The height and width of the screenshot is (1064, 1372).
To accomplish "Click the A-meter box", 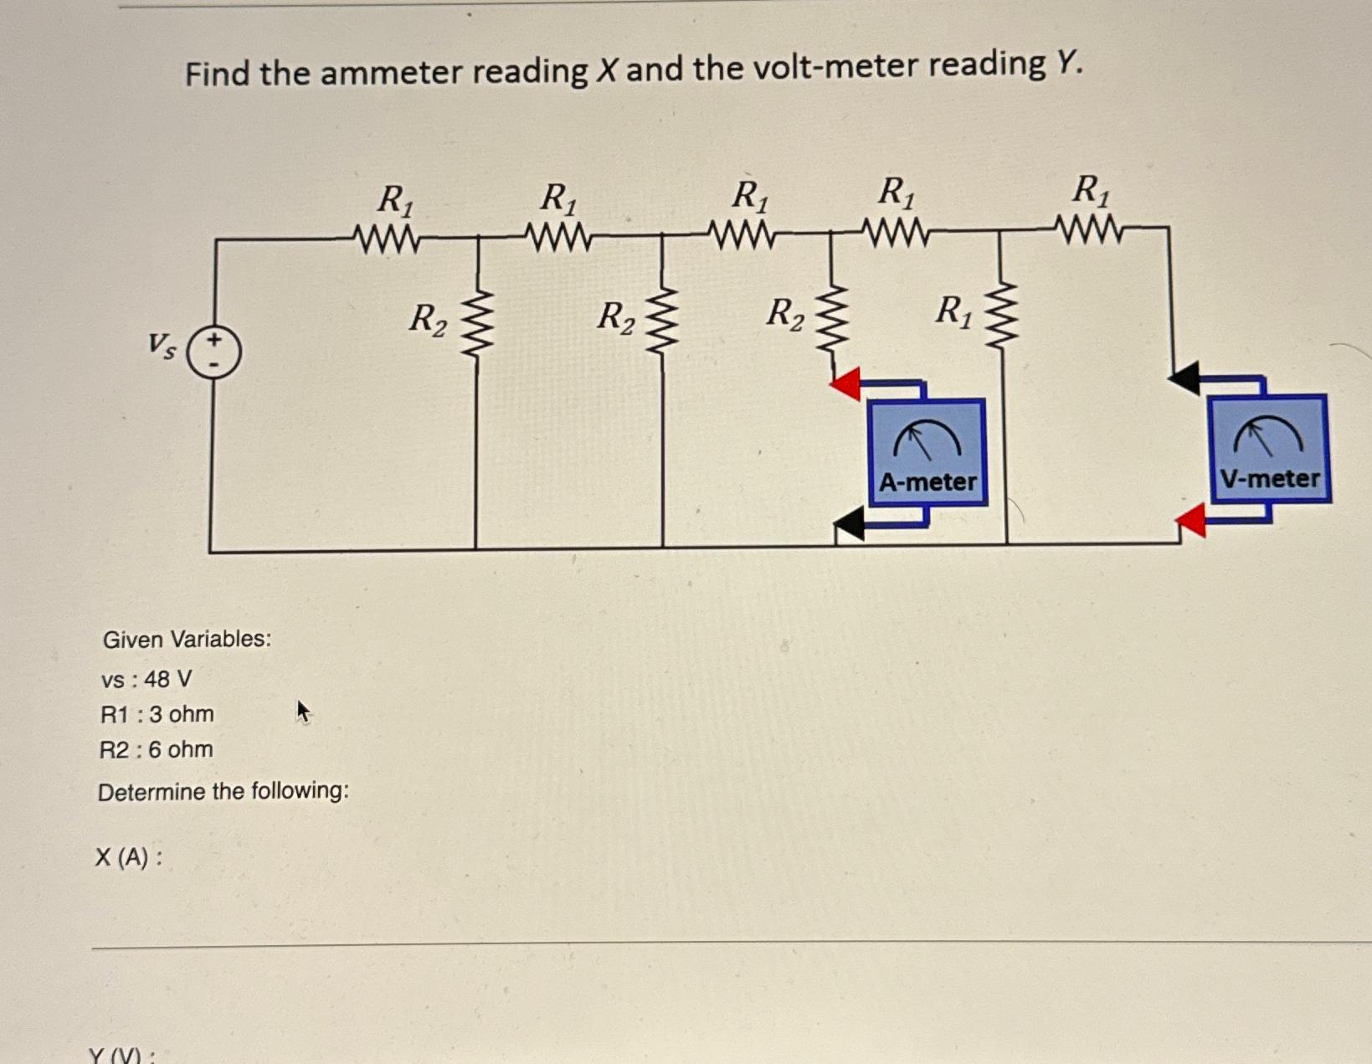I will tap(927, 452).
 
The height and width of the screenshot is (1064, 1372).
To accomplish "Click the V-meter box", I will tap(1268, 449).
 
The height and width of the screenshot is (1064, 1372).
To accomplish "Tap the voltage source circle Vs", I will tap(214, 352).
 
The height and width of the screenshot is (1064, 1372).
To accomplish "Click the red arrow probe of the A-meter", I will tap(846, 383).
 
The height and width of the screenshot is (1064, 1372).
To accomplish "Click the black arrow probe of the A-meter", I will tap(850, 524).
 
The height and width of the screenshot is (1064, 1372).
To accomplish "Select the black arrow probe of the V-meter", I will tap(1184, 378).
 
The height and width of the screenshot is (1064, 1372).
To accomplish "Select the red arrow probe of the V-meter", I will tap(1191, 521).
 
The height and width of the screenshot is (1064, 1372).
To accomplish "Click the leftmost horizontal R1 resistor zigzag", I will tap(387, 239).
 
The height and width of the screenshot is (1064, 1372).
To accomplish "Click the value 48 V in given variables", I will tap(167, 679).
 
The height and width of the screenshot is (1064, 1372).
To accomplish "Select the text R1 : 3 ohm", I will tap(157, 714).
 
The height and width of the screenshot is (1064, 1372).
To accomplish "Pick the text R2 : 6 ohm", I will tap(156, 749).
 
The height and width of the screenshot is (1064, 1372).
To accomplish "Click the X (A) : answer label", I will tap(128, 857).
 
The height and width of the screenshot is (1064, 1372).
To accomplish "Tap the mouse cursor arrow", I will tap(303, 712).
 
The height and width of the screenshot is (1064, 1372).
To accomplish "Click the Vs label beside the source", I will tap(162, 345).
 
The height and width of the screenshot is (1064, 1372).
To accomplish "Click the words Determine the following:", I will tap(223, 791).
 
